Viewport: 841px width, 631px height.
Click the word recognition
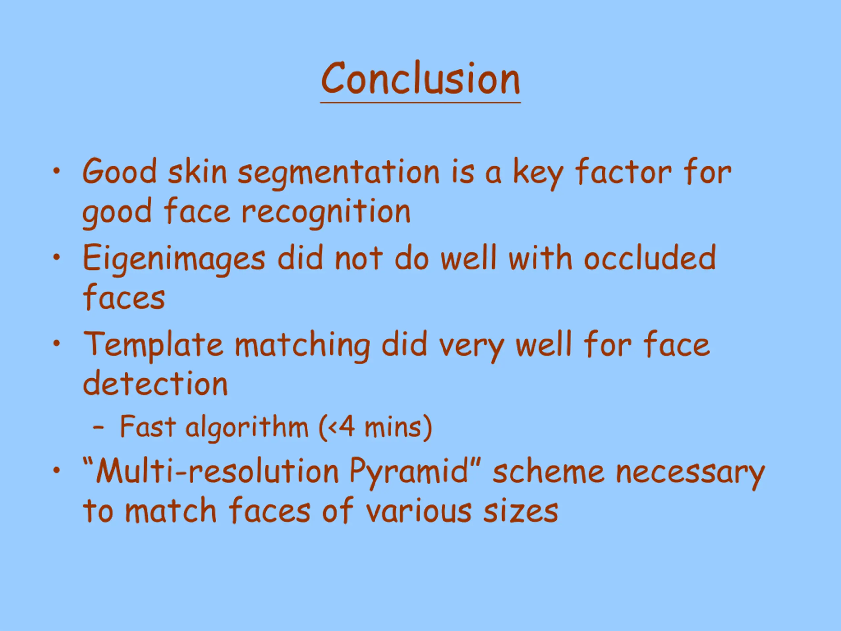[326, 212]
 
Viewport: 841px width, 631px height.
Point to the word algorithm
[247, 428]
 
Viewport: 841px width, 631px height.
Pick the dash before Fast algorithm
[99, 428]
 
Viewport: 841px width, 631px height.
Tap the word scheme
[548, 471]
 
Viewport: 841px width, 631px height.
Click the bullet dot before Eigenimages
[57, 258]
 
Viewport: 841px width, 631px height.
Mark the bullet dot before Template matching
[57, 343]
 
